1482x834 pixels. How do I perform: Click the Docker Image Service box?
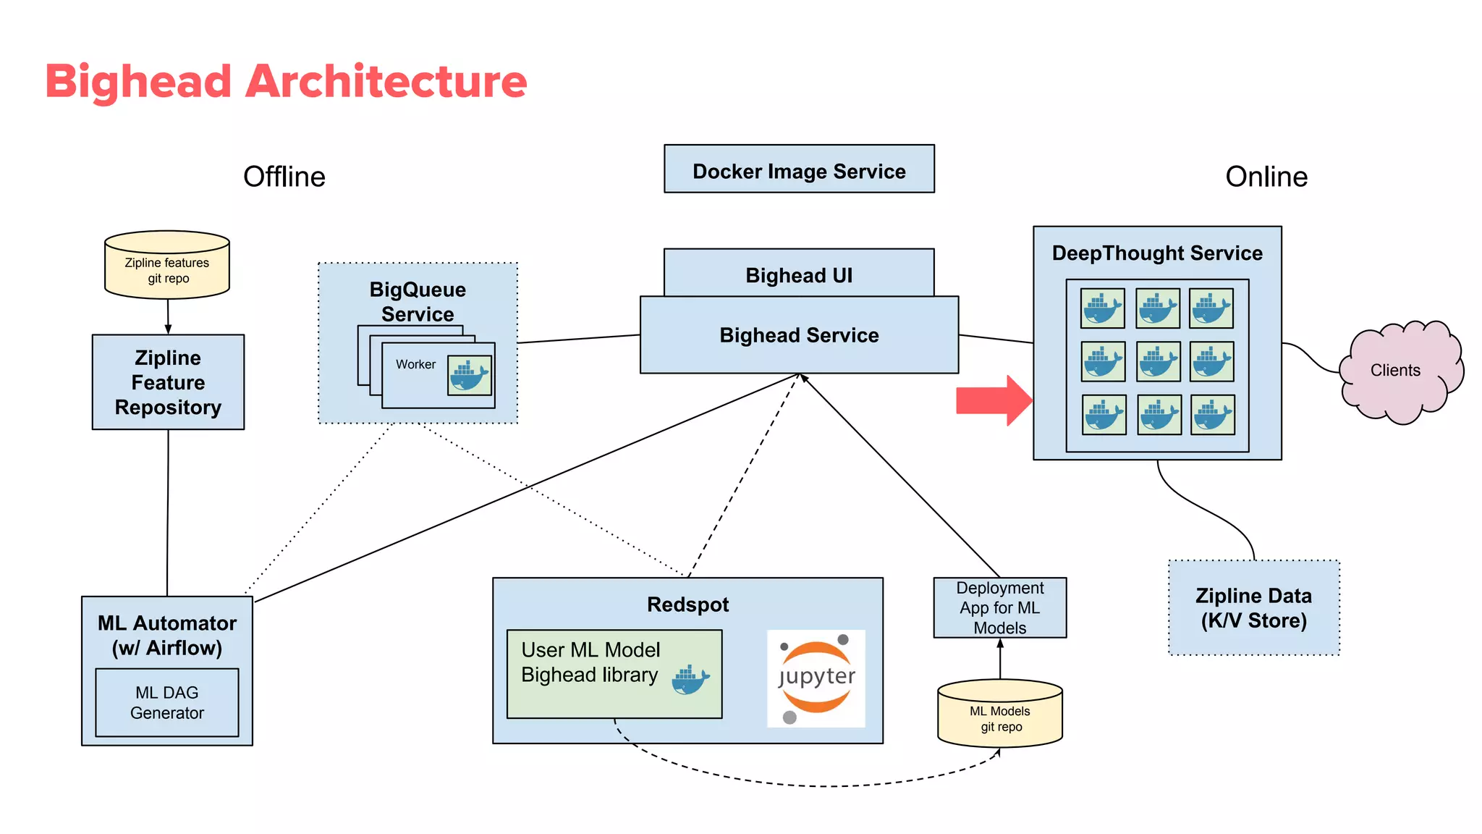point(799,169)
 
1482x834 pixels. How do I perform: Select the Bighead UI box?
point(799,274)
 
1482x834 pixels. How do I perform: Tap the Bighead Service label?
point(799,335)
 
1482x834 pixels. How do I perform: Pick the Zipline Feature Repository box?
point(168,382)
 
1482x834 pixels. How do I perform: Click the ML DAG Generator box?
point(167,703)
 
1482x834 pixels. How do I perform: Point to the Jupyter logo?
point(816,678)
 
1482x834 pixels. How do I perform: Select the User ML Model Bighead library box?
point(614,674)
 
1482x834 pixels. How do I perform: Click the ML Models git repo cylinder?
point(1000,715)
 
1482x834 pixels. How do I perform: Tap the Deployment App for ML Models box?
point(1000,608)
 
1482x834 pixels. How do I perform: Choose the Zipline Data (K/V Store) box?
point(1254,608)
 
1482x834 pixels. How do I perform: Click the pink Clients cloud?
point(1397,371)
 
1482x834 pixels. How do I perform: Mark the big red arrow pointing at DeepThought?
point(993,400)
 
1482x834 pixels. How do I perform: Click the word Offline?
point(284,177)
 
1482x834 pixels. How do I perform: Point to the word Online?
point(1266,177)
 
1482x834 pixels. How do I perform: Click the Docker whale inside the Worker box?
point(470,375)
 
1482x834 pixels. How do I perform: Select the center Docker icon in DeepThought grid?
point(1159,362)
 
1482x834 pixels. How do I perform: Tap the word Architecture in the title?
point(386,81)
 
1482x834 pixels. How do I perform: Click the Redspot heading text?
point(687,605)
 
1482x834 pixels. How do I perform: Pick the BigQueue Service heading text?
point(418,301)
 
